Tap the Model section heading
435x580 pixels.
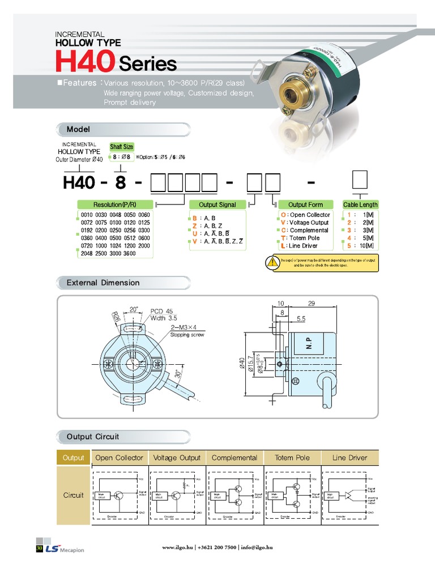[78, 130]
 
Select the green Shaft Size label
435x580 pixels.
[121, 147]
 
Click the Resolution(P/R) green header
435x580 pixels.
[114, 204]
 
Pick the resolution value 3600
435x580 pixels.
[130, 254]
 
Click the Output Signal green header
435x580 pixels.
[217, 204]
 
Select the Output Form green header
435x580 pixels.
[305, 204]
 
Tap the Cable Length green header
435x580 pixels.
[360, 204]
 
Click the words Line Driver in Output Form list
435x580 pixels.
[303, 246]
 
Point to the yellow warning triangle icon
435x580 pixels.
[271, 262]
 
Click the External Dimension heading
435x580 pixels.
[103, 283]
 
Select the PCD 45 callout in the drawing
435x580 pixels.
[161, 311]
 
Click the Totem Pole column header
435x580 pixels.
[292, 458]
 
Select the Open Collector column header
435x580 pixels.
[119, 458]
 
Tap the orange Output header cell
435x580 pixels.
[73, 458]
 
